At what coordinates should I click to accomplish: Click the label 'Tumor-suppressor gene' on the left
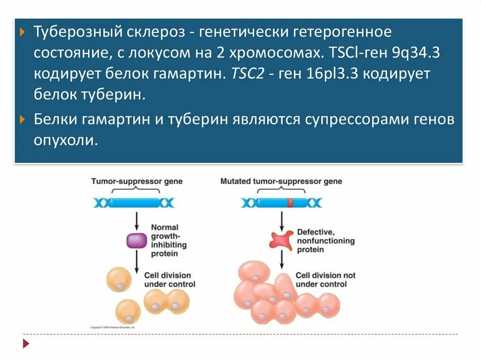[x=137, y=181]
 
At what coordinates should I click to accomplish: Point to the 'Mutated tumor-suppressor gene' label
[x=281, y=181]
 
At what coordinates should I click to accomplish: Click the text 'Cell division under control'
[x=170, y=280]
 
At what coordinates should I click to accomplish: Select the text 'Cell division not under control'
[x=325, y=280]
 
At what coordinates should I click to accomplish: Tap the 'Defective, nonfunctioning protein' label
[x=326, y=241]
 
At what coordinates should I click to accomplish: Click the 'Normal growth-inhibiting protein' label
[x=169, y=241]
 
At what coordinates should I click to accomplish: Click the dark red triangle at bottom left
[x=26, y=344]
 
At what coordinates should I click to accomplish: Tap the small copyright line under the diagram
[x=113, y=327]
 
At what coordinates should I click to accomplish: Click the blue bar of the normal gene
[x=134, y=203]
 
